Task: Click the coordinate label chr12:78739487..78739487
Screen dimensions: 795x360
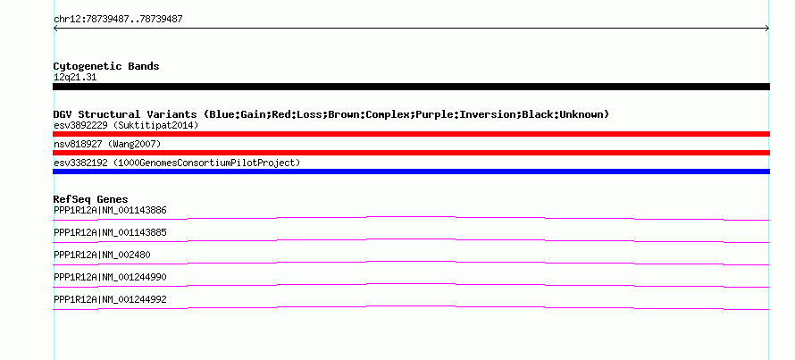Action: tap(118, 20)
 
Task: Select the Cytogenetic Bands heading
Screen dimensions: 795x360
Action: tap(106, 66)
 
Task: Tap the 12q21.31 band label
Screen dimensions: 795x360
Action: tap(75, 77)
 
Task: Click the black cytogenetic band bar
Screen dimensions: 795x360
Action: tap(411, 87)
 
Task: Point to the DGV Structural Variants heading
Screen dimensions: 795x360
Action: tap(331, 114)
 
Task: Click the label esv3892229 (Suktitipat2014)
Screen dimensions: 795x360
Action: tap(126, 125)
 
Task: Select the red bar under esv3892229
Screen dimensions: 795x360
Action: tap(411, 134)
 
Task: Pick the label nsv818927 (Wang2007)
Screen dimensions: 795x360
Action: tap(107, 145)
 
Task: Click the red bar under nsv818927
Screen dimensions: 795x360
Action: tap(411, 153)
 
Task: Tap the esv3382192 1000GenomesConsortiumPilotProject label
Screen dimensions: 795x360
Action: tap(177, 163)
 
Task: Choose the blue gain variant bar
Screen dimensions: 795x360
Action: tap(411, 172)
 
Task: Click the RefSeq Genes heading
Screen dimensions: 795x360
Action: tap(91, 199)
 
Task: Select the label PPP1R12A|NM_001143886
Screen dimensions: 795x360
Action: tap(110, 210)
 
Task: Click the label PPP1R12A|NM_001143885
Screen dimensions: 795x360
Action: tap(110, 233)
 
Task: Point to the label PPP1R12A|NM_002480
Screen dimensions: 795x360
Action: tap(102, 255)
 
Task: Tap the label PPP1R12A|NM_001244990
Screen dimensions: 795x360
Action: tap(110, 277)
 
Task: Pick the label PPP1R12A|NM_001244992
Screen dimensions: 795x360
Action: tap(110, 299)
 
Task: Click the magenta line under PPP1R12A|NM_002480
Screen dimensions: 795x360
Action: tap(411, 262)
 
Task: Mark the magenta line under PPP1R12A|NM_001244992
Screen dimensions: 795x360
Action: tap(411, 306)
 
